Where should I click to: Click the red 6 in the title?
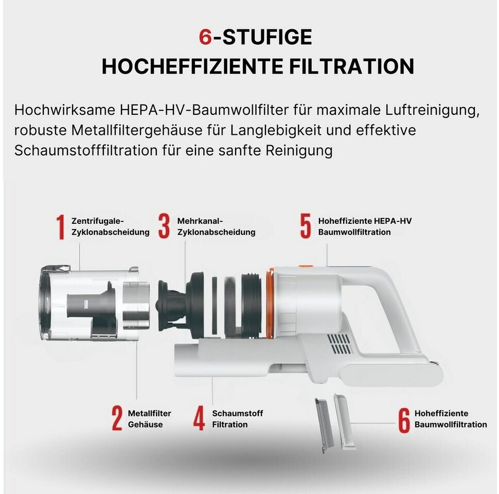(205, 37)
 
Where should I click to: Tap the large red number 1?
(61, 226)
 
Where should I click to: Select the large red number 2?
(117, 418)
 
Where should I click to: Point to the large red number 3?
(164, 226)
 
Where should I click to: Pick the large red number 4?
(199, 418)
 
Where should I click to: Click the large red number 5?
(306, 226)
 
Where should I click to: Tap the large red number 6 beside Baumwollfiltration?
(404, 420)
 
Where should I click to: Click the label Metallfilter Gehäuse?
(149, 419)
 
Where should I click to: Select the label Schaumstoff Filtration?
(237, 419)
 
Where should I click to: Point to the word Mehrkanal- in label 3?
(200, 221)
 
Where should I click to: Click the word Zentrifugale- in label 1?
(97, 221)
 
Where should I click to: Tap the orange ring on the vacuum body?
(270, 303)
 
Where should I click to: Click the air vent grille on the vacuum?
(339, 344)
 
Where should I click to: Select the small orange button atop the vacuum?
(306, 266)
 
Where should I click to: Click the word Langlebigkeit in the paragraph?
(276, 131)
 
